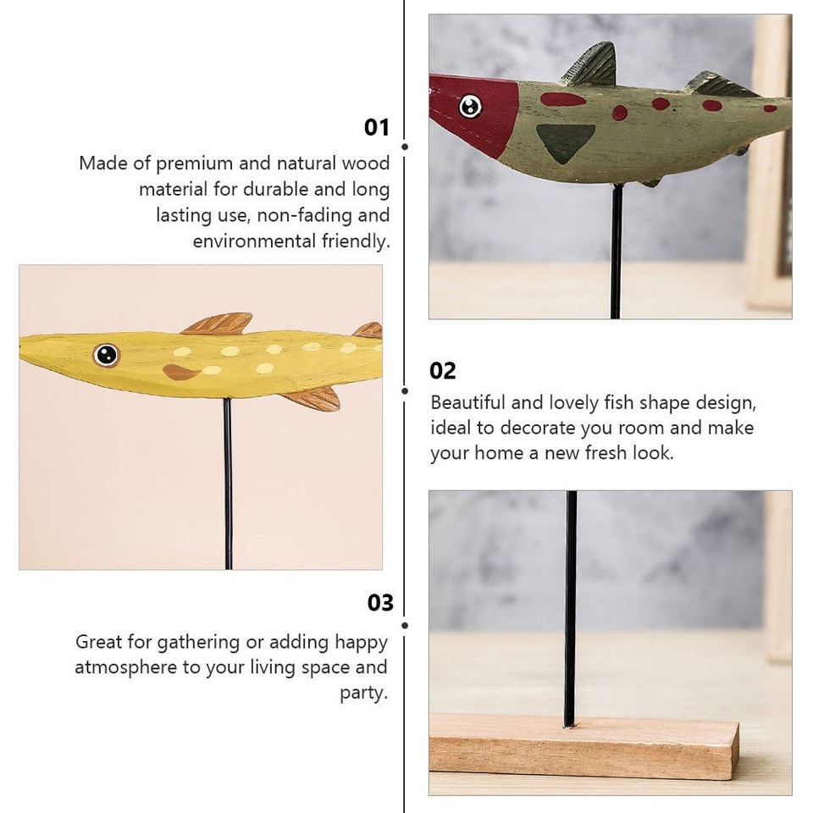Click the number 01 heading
click(x=377, y=128)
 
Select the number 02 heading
click(x=443, y=371)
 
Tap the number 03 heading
click(x=380, y=603)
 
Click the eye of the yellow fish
click(x=106, y=355)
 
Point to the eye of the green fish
click(x=470, y=106)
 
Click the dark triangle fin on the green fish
click(x=566, y=141)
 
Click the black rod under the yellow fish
click(x=227, y=483)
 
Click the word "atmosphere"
click(x=125, y=667)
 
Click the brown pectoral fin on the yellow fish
click(x=180, y=371)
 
